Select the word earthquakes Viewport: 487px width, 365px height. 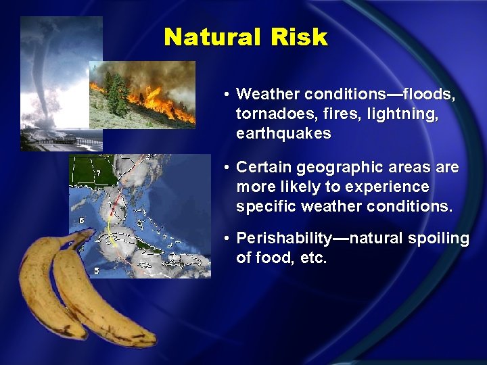point(283,133)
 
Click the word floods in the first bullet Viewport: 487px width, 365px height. point(430,95)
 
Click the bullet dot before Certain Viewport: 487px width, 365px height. point(228,167)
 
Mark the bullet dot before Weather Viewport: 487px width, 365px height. point(228,95)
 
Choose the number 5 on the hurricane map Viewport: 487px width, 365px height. point(96,270)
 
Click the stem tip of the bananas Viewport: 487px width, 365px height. point(87,234)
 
